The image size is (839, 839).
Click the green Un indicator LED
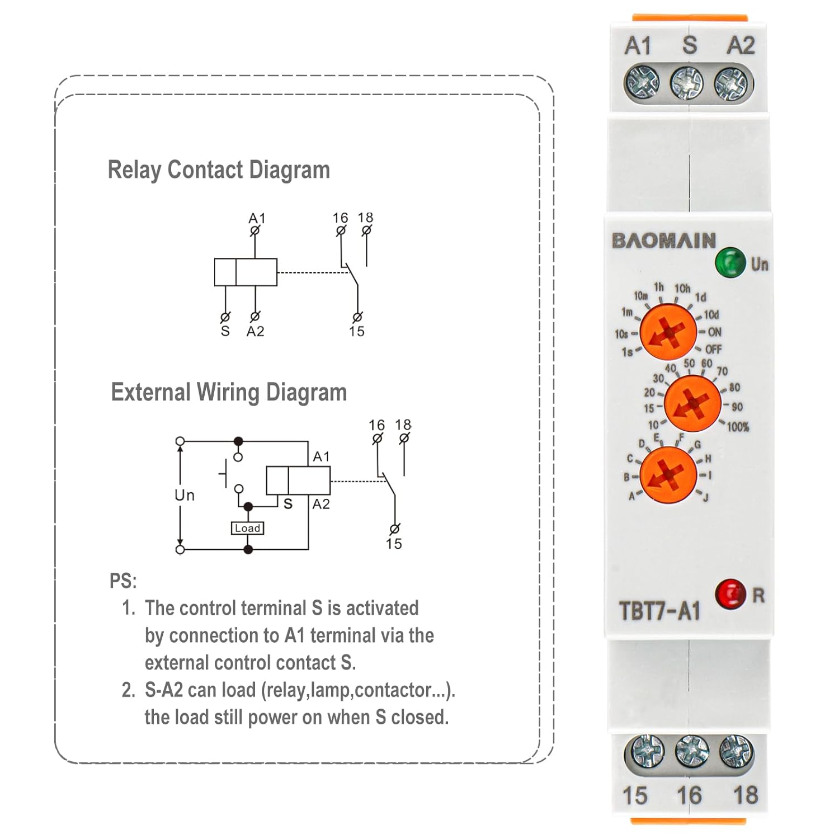[x=730, y=262]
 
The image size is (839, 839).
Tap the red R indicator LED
[x=730, y=594]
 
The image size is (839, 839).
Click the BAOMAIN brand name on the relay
[x=664, y=241]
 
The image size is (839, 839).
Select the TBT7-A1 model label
[x=659, y=611]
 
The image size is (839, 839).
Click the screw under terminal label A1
[x=641, y=83]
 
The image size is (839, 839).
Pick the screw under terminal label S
[x=687, y=83]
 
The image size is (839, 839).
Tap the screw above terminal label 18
[x=736, y=751]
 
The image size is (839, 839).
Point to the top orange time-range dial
[x=668, y=332]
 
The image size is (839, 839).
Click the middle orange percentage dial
[x=692, y=403]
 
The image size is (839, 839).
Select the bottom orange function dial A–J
[x=668, y=474]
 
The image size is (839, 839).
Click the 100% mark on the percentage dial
[x=737, y=427]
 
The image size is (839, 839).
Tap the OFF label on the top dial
[x=713, y=350]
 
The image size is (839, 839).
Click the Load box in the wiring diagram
[x=247, y=528]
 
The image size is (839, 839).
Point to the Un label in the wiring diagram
[x=185, y=496]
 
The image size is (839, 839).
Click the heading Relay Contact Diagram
[x=219, y=170]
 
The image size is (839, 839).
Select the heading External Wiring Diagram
[x=229, y=392]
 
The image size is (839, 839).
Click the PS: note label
[x=123, y=581]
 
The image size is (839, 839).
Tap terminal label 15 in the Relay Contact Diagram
[x=356, y=332]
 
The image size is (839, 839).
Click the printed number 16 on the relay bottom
[x=689, y=795]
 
